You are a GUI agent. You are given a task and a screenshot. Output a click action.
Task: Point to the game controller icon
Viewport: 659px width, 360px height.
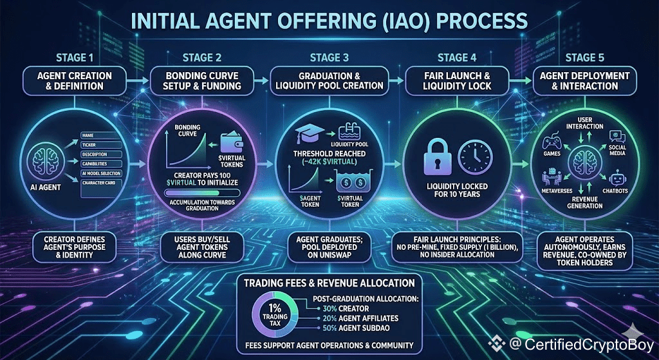coord(553,143)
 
